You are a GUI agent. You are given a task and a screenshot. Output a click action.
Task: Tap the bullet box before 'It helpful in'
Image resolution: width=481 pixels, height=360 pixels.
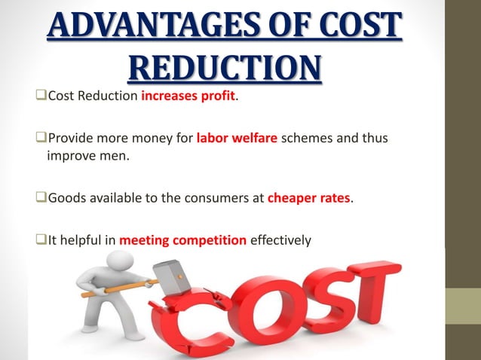pos(40,241)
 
